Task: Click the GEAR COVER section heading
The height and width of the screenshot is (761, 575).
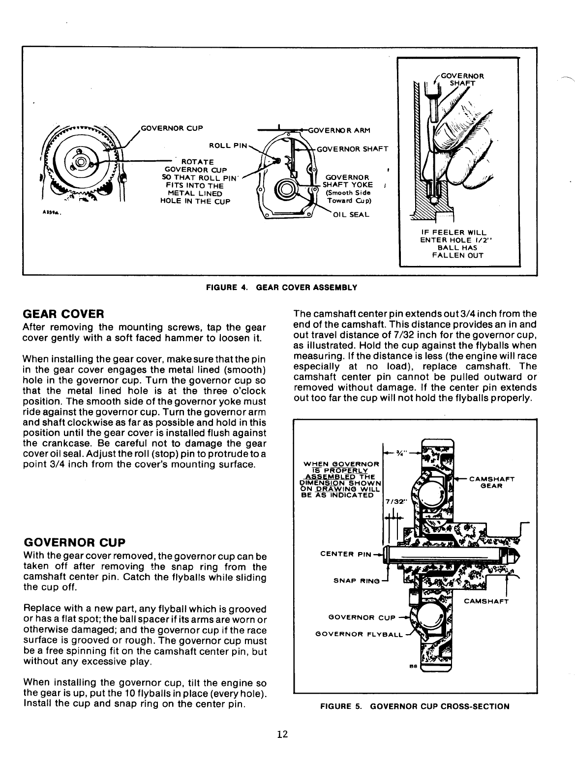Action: (x=63, y=314)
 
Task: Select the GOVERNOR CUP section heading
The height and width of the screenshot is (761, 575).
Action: (x=74, y=542)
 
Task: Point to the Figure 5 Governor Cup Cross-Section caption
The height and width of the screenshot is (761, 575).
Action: (x=415, y=706)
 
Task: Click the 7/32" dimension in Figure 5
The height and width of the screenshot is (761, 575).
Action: (x=394, y=501)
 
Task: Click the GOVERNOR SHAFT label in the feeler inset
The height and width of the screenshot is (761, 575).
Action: (x=462, y=79)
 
